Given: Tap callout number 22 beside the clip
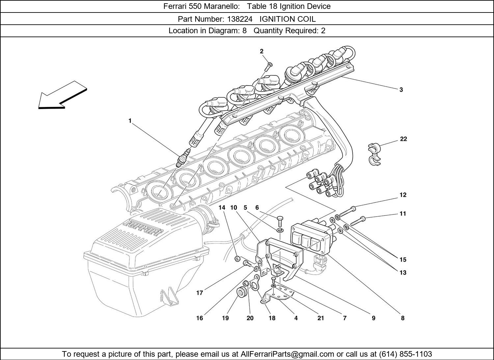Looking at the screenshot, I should pyautogui.click(x=403, y=139).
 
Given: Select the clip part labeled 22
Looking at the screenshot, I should pyautogui.click(x=374, y=154).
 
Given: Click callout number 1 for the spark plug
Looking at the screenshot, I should pyautogui.click(x=130, y=121).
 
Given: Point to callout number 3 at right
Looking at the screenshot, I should pyautogui.click(x=401, y=90).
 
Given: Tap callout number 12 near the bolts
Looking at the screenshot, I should pyautogui.click(x=403, y=195).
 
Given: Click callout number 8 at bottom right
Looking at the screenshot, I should pyautogui.click(x=402, y=318).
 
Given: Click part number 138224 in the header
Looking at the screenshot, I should pyautogui.click(x=239, y=19).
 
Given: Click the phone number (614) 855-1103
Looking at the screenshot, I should pyautogui.click(x=405, y=354).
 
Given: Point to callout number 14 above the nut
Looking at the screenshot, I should pyautogui.click(x=222, y=207).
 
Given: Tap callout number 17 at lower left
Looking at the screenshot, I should pyautogui.click(x=200, y=293).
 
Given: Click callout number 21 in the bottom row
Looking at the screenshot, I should pyautogui.click(x=320, y=318).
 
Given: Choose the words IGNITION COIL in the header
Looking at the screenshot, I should pyautogui.click(x=287, y=19).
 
